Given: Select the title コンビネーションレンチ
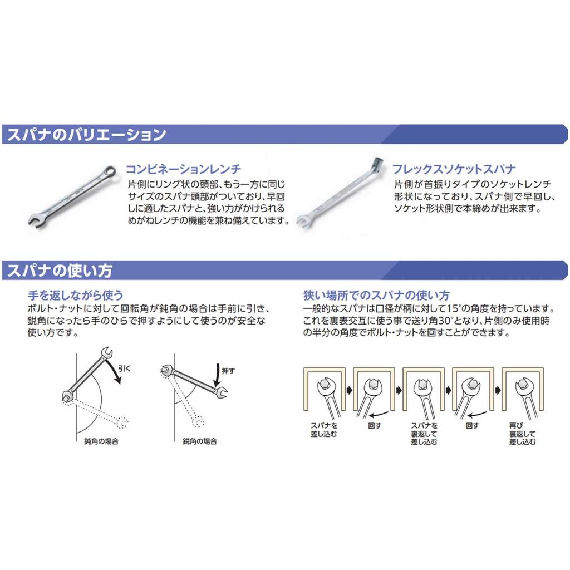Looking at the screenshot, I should pyautogui.click(x=183, y=169).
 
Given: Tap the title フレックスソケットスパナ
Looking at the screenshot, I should pyautogui.click(x=454, y=169).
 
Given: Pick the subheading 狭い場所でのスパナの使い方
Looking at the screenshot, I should pyautogui.click(x=376, y=295).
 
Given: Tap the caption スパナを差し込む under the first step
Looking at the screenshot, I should pyautogui.click(x=324, y=429).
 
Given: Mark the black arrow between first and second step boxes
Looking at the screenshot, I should pyautogui.click(x=348, y=391).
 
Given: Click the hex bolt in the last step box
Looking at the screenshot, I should pyautogui.click(x=522, y=384).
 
